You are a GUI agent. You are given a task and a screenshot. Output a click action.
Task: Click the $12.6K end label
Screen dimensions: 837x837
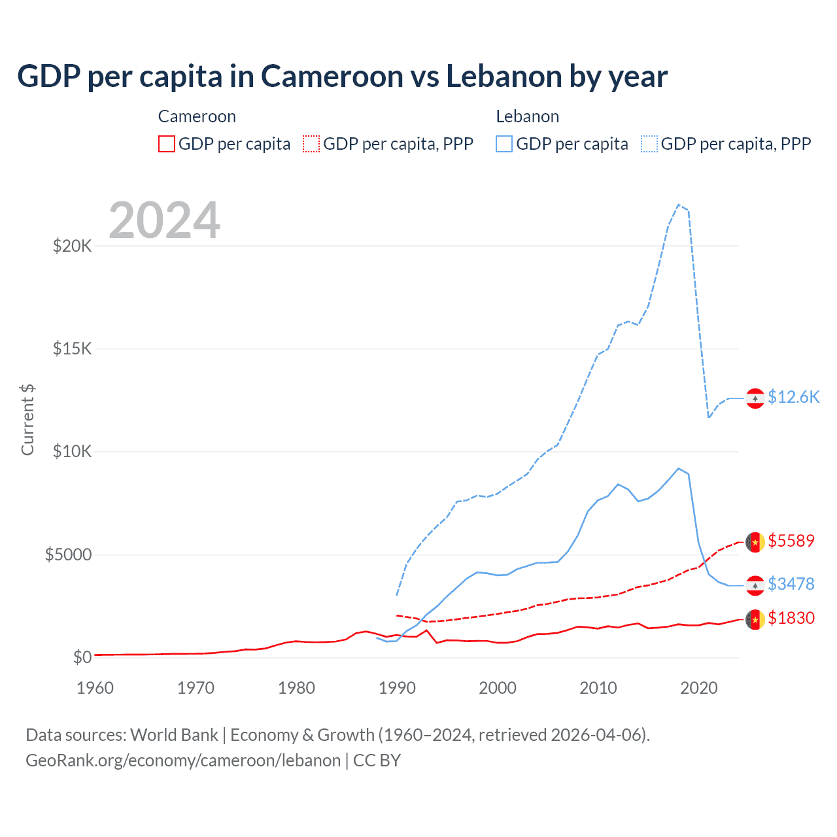click(x=793, y=397)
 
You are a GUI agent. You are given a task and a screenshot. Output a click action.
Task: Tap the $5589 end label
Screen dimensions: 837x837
click(x=791, y=541)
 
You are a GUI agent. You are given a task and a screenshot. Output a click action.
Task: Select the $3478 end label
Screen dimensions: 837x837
click(x=791, y=584)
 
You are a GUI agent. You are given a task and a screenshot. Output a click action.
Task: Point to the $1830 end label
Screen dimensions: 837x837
click(x=791, y=618)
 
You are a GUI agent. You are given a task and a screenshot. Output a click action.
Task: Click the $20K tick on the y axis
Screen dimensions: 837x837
click(x=72, y=246)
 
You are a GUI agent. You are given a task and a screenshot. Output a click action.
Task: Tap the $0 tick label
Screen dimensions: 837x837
click(x=82, y=657)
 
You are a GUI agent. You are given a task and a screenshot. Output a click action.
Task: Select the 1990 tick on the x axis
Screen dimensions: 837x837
click(x=397, y=688)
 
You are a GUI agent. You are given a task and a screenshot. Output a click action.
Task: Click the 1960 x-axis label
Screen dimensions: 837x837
click(x=95, y=688)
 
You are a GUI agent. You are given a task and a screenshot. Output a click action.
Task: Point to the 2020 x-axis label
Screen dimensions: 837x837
click(x=699, y=688)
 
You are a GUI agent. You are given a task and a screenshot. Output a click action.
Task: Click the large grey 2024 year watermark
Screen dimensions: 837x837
click(x=164, y=220)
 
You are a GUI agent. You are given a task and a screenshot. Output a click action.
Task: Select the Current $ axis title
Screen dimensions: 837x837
click(x=27, y=420)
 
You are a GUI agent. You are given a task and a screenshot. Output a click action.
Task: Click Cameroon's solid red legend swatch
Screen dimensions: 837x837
click(x=167, y=144)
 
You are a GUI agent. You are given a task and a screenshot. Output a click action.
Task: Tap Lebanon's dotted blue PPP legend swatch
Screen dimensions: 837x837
click(x=649, y=144)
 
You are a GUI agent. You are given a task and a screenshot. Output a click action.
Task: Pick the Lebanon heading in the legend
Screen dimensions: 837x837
click(x=527, y=116)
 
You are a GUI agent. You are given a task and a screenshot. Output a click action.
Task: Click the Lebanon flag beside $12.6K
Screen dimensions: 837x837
click(x=755, y=398)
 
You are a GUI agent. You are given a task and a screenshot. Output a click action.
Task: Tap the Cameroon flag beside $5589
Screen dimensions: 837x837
click(x=755, y=542)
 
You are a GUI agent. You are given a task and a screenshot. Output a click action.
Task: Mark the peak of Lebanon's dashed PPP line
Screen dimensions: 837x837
click(x=679, y=205)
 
